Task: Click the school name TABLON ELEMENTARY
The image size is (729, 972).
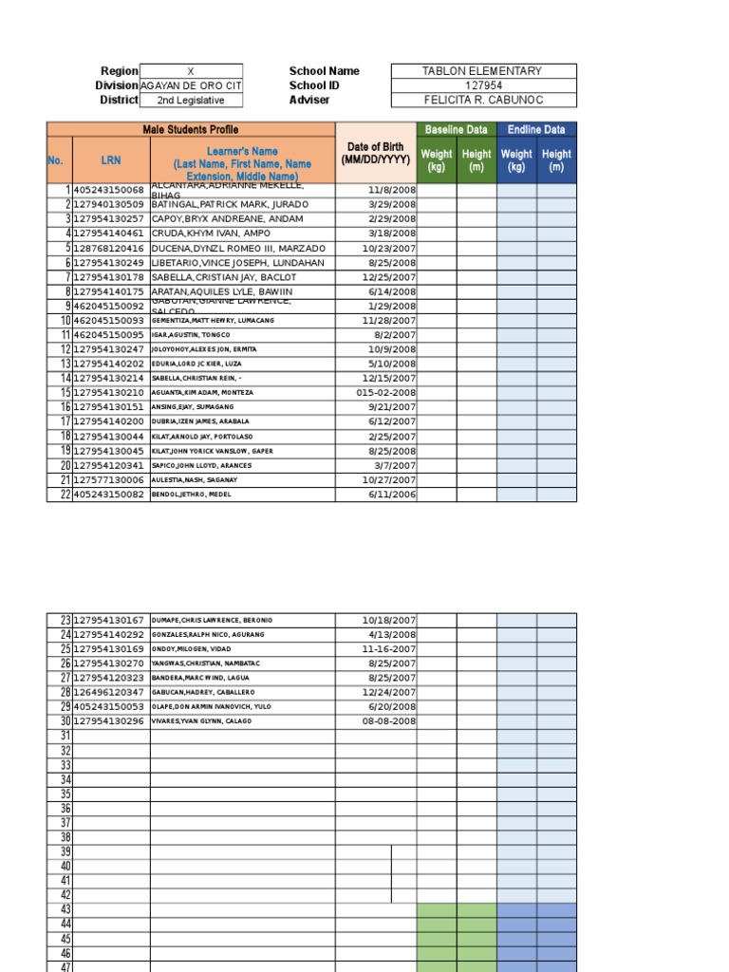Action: click(x=482, y=71)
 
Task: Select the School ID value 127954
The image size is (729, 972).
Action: click(x=482, y=85)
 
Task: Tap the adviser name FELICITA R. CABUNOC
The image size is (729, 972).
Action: click(x=482, y=100)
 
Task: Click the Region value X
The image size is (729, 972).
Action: click(x=190, y=71)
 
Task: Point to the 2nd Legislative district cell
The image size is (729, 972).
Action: click(x=190, y=100)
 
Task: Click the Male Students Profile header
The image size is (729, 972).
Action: click(x=191, y=129)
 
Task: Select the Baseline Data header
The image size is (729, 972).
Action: click(x=456, y=129)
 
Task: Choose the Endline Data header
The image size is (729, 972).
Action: click(x=536, y=129)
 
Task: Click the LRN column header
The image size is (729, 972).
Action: click(x=111, y=160)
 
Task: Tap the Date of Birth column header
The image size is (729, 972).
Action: click(x=375, y=153)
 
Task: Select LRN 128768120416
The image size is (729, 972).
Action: click(x=108, y=248)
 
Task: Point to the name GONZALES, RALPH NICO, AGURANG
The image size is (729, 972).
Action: click(x=208, y=634)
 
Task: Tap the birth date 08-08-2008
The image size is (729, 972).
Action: click(x=389, y=721)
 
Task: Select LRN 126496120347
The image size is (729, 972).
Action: click(x=108, y=693)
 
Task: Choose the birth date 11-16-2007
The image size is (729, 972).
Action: click(x=389, y=649)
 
